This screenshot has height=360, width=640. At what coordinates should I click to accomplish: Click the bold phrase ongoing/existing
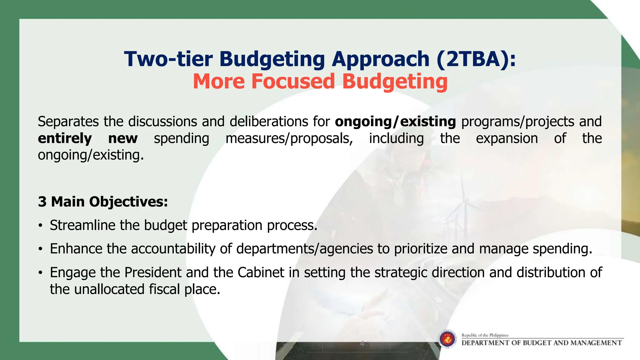395,122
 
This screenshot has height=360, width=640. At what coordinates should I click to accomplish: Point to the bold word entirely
65,138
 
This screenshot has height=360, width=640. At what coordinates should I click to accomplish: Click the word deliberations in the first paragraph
269,122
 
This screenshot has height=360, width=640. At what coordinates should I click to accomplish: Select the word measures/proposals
289,138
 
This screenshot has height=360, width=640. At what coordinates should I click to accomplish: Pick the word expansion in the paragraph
507,138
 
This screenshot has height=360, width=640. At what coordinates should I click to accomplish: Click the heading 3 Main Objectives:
103,202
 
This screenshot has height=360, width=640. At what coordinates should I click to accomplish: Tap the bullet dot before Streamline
40,226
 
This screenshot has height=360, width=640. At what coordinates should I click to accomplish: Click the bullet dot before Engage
40,273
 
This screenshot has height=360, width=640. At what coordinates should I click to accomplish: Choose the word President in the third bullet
153,272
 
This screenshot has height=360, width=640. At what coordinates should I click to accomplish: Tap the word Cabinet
261,272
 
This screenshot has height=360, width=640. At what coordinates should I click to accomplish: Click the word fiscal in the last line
164,289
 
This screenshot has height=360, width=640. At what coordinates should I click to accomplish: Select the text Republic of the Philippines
485,335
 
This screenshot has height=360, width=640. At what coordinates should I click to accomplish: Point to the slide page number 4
362,343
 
